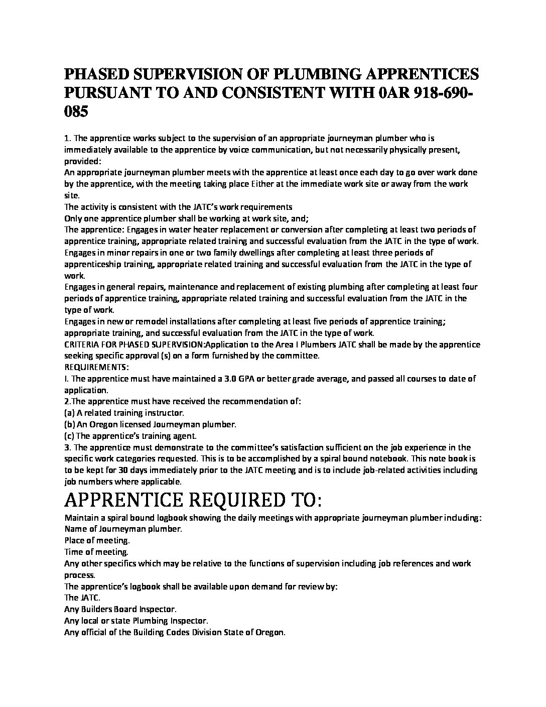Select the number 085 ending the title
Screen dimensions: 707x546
(x=76, y=111)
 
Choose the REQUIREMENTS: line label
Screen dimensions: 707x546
(x=96, y=367)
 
